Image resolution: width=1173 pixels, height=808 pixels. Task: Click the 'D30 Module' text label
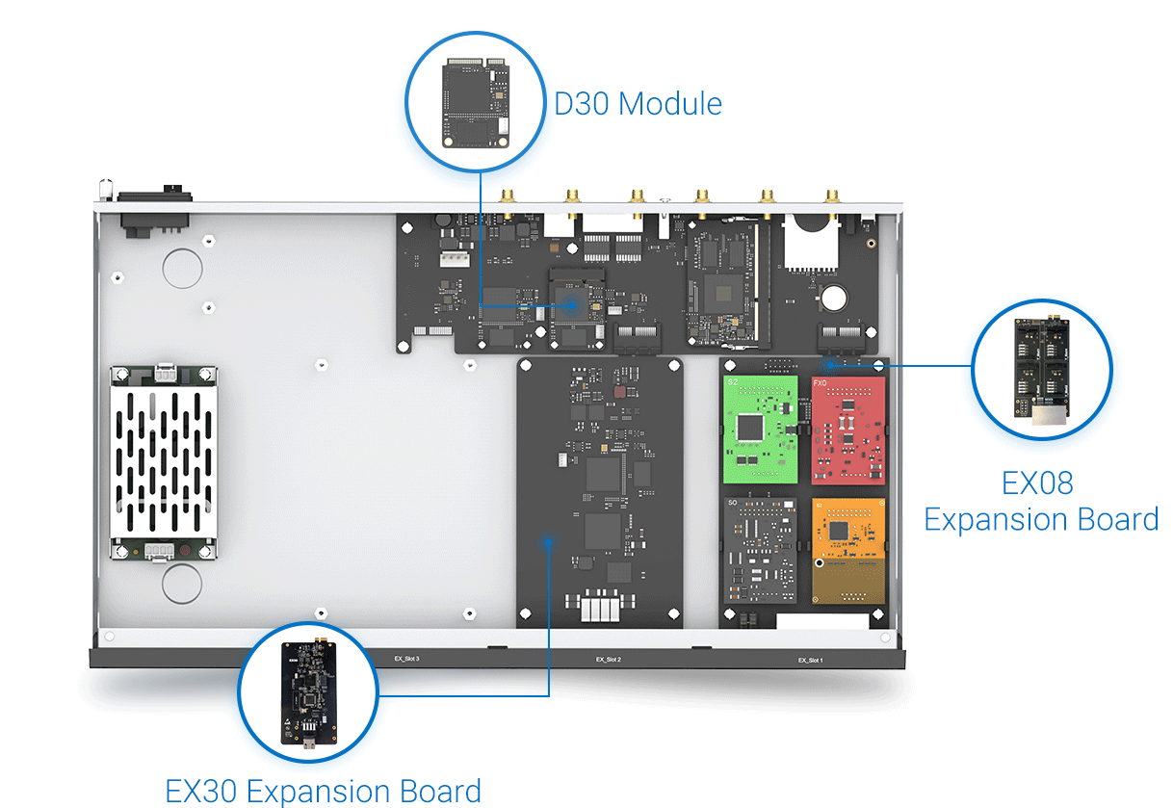(x=638, y=103)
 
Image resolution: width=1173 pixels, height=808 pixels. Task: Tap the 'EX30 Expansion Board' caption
(x=323, y=791)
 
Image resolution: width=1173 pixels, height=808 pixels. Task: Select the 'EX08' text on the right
(x=1037, y=482)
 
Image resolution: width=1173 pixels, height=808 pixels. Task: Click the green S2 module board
(x=760, y=430)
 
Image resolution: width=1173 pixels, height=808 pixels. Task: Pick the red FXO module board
(x=847, y=430)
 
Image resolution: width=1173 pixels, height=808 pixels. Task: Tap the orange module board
(x=847, y=549)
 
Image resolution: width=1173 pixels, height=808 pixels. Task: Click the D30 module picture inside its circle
(x=475, y=104)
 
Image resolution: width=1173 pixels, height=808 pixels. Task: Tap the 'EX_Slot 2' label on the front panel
(x=608, y=660)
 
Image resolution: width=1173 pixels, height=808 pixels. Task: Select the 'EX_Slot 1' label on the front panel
(x=810, y=660)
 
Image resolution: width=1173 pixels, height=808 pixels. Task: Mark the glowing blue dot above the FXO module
(x=830, y=364)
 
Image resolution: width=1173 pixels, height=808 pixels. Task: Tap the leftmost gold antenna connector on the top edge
(x=506, y=199)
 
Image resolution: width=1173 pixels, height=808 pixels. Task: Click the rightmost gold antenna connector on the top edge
(x=830, y=199)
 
